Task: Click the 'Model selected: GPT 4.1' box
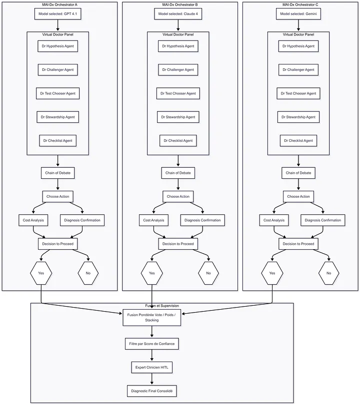[58, 14]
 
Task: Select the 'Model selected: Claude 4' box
[178, 14]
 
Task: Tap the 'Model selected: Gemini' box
[298, 14]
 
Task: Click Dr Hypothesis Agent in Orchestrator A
[58, 46]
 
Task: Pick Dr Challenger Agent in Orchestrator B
[178, 70]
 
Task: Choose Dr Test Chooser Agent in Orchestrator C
[298, 93]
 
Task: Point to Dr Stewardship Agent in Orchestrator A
[58, 117]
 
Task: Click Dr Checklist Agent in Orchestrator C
[298, 140]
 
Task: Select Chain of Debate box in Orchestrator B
[178, 173]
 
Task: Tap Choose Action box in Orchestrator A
[58, 196]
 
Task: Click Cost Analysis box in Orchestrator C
[274, 220]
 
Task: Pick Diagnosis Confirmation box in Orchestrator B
[202, 220]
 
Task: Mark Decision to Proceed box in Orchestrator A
[58, 244]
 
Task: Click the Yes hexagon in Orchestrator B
[152, 273]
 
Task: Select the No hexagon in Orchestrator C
[329, 273]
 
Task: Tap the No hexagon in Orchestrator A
[88, 273]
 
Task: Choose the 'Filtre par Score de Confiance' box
[152, 344]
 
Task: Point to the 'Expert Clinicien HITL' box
[152, 368]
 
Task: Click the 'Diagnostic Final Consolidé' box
[152, 391]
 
